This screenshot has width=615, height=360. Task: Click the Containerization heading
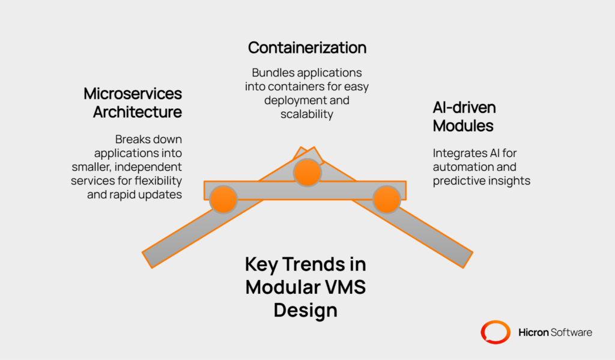(x=307, y=47)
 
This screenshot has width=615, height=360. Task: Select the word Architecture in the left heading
(x=138, y=112)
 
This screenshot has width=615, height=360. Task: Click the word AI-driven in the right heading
(x=465, y=108)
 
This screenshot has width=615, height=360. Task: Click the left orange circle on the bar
(x=223, y=199)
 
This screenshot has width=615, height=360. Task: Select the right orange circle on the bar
(x=387, y=199)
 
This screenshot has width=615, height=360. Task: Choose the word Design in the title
(x=305, y=310)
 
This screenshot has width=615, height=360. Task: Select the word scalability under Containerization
(x=306, y=114)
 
